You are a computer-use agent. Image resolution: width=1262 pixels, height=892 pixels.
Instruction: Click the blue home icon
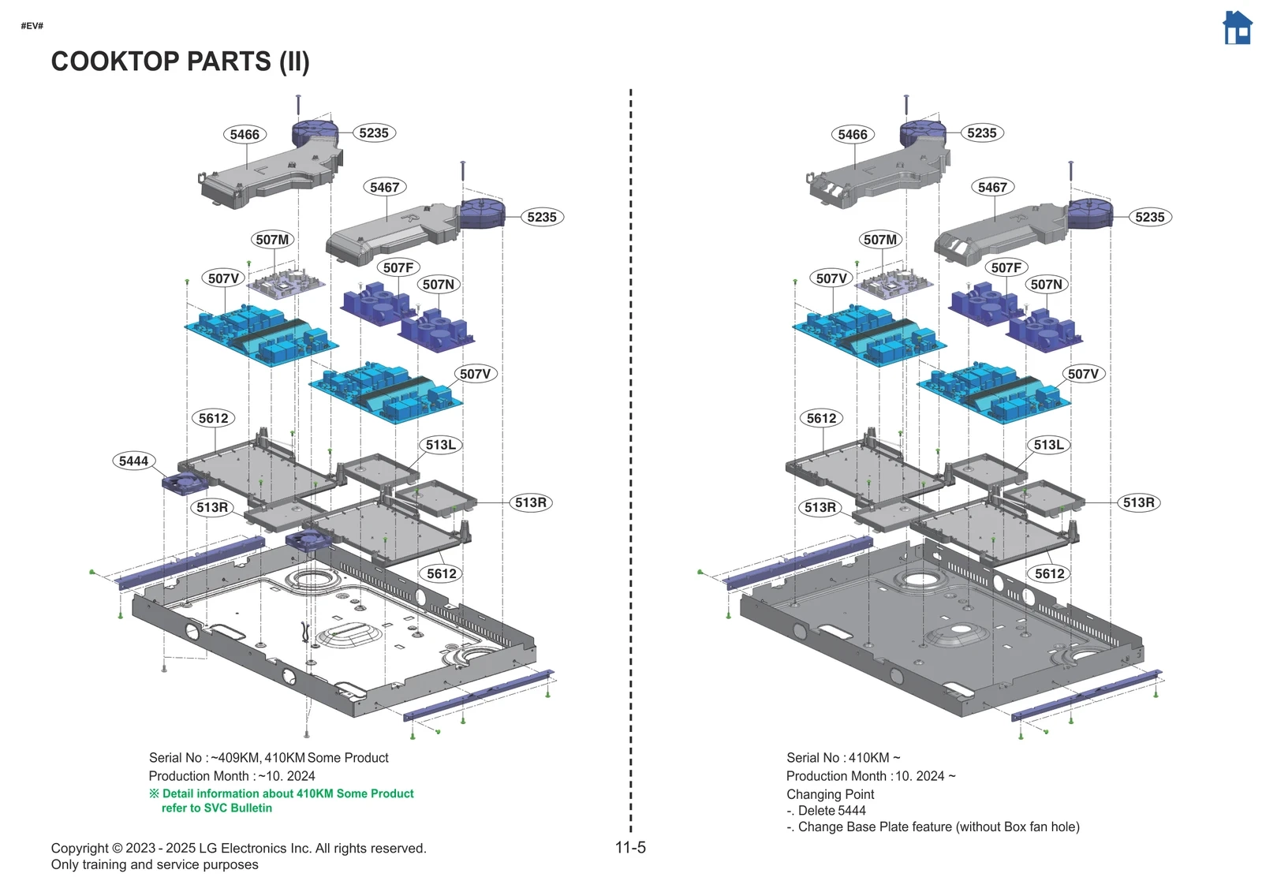click(1237, 28)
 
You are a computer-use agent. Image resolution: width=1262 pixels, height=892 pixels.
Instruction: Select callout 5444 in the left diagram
click(133, 461)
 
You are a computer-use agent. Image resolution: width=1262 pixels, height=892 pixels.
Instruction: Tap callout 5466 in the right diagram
click(852, 134)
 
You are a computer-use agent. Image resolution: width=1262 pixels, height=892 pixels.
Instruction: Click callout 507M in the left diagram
click(272, 240)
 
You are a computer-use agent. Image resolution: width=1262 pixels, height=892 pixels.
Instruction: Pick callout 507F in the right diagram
click(1006, 267)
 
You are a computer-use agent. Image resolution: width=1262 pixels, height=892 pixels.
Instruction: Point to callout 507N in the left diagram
click(438, 284)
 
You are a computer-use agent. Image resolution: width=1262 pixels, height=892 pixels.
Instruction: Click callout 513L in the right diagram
click(1048, 445)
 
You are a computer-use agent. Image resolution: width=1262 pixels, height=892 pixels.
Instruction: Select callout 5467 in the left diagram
click(384, 187)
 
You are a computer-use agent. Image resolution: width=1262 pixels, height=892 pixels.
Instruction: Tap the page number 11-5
click(629, 848)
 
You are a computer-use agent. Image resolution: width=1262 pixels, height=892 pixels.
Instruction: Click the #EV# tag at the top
click(32, 26)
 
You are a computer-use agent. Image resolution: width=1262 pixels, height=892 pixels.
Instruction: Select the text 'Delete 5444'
click(831, 811)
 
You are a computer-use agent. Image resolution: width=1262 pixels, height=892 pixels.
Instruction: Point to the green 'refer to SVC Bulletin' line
click(216, 808)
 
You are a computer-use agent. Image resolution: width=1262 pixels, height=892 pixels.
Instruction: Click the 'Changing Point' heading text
click(830, 794)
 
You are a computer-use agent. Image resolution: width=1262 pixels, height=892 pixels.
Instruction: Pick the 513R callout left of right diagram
click(820, 507)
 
